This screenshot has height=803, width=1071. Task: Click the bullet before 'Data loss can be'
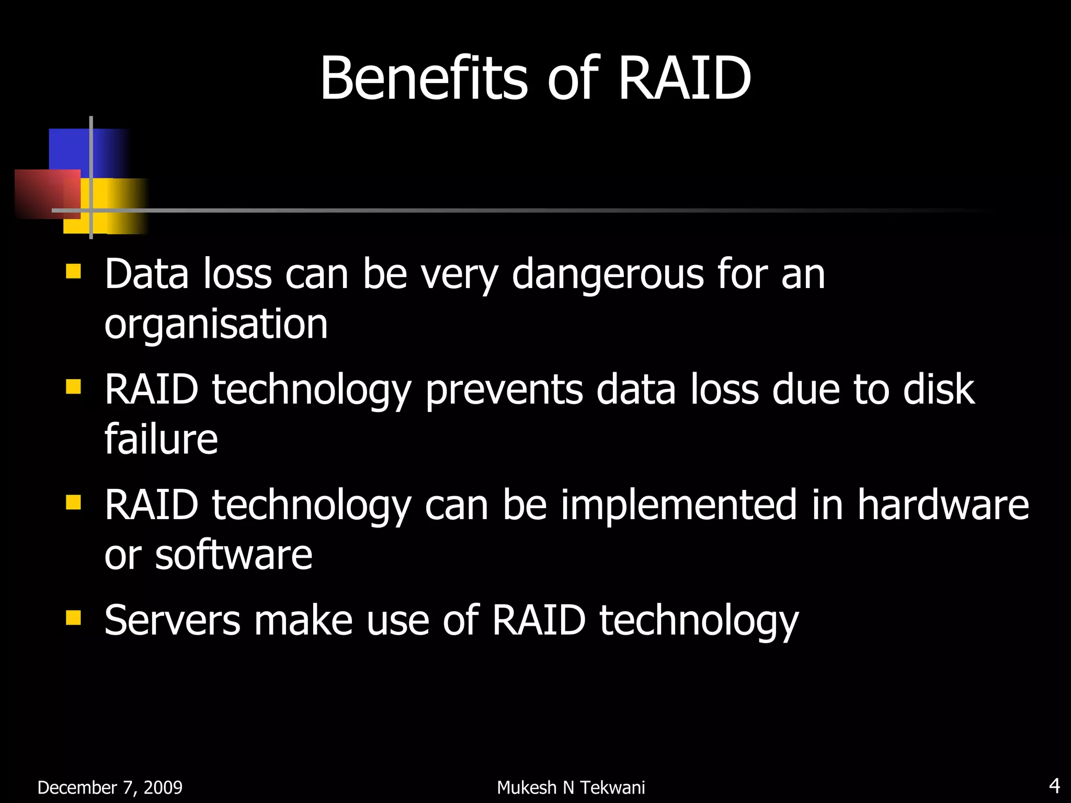(73, 271)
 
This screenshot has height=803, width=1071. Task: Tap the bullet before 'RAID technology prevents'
(73, 387)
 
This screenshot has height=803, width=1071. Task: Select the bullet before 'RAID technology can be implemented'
(73, 502)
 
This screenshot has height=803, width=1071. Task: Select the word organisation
(216, 325)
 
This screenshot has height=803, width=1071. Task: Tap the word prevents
(504, 390)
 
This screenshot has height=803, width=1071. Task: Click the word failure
(161, 439)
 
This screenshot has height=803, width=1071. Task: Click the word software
(234, 555)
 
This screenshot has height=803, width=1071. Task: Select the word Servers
(172, 621)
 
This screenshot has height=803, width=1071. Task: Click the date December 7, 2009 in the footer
(110, 787)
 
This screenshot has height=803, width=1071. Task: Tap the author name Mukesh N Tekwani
(571, 787)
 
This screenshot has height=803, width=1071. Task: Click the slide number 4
(1054, 786)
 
